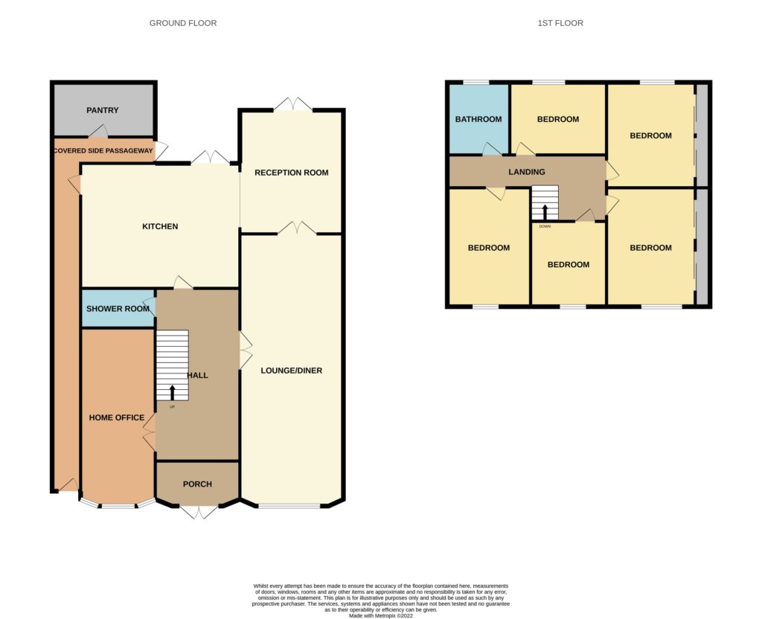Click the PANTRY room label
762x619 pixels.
102,110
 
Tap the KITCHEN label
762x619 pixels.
160,226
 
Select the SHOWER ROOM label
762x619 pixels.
118,309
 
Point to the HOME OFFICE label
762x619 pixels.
117,417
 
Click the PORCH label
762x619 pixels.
197,484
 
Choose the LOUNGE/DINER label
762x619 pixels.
292,371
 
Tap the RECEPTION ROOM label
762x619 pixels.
292,173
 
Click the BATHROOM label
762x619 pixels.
478,119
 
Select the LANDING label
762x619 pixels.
527,172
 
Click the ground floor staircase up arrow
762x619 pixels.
173,393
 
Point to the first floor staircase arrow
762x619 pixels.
545,212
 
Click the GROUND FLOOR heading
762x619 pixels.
183,23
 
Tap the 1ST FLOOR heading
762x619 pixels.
560,23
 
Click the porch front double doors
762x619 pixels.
199,512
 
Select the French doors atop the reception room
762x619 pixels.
293,104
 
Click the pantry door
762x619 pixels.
98,131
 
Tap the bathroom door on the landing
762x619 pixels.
493,149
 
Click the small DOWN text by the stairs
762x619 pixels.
545,226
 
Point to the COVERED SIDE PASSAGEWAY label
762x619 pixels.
103,150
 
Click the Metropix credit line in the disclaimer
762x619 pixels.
381,615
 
